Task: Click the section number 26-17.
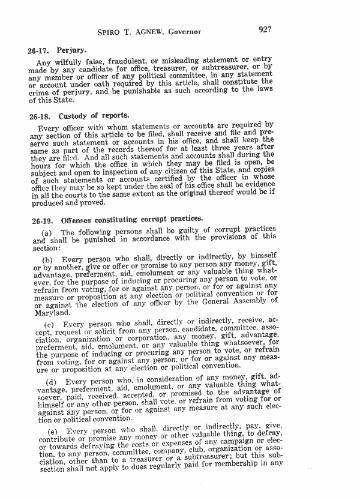pyautogui.click(x=38, y=52)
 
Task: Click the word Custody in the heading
pyautogui.click(x=74, y=115)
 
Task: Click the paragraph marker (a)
pyautogui.click(x=47, y=232)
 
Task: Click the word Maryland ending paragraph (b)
pyautogui.click(x=52, y=313)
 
